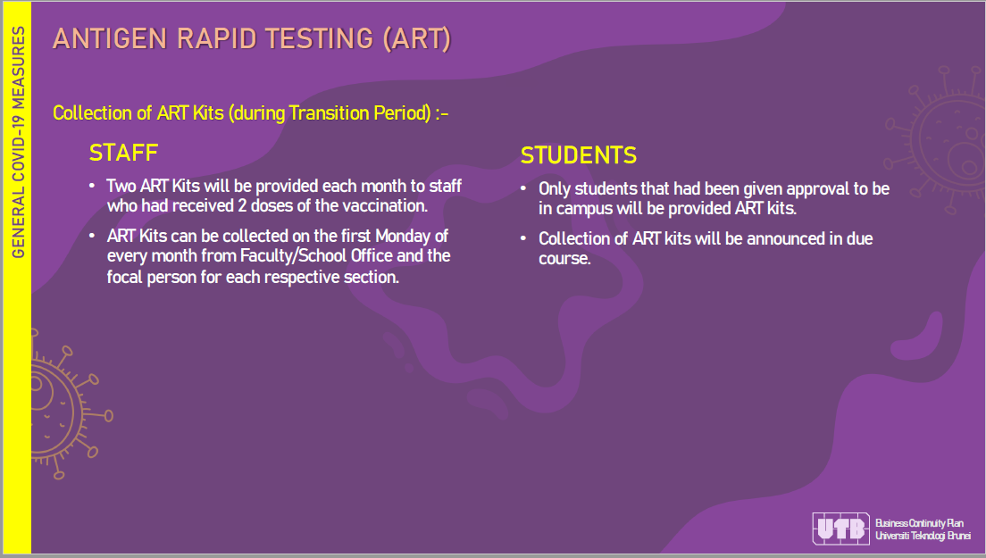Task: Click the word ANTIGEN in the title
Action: (x=110, y=38)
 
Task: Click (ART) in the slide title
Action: (x=417, y=38)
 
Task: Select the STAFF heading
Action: (x=123, y=153)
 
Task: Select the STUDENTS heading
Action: (x=579, y=155)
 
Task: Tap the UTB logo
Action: (x=840, y=529)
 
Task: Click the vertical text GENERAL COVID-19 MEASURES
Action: (x=18, y=142)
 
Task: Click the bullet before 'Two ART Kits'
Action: (x=93, y=186)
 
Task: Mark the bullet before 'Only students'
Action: (x=523, y=188)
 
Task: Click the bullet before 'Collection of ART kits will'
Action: (x=523, y=238)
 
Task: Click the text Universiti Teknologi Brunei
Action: (x=923, y=536)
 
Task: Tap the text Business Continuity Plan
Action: (x=919, y=523)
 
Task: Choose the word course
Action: (x=564, y=258)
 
